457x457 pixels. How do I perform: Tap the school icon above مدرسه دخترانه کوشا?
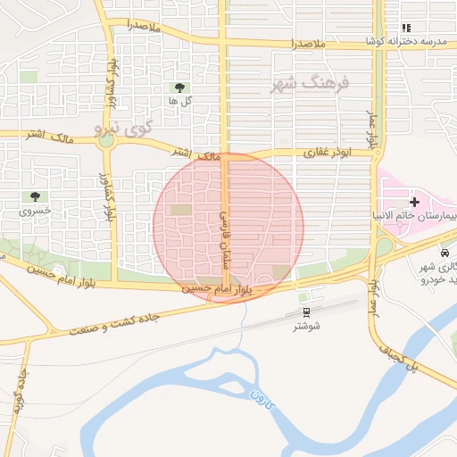[x=407, y=29]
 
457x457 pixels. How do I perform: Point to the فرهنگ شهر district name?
[x=310, y=83]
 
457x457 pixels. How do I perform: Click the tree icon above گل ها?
[x=180, y=87]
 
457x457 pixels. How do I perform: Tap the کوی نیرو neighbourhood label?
[x=124, y=129]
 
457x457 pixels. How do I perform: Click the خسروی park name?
[x=36, y=212]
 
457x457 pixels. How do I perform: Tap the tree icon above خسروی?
[x=36, y=196]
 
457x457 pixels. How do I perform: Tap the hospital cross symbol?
[x=414, y=203]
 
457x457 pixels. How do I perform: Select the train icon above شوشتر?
[x=307, y=312]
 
